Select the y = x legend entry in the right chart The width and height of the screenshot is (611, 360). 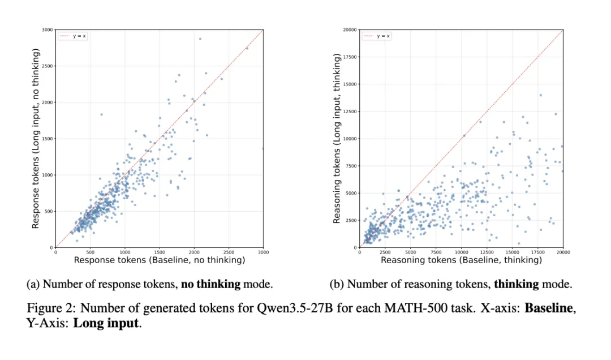(x=377, y=36)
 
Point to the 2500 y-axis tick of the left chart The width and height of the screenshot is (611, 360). (x=47, y=66)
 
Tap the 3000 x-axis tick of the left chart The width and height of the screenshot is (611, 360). (x=263, y=252)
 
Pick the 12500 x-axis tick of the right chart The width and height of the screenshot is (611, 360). (x=487, y=252)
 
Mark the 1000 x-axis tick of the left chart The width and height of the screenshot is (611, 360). (x=124, y=252)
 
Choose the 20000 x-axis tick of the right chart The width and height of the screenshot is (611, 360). (x=562, y=252)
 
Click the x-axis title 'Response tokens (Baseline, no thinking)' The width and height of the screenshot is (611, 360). (x=159, y=260)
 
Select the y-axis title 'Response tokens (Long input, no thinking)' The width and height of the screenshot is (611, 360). (x=36, y=139)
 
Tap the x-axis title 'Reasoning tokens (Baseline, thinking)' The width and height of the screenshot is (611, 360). (x=461, y=260)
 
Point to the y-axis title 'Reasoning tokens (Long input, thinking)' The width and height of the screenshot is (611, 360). (x=337, y=139)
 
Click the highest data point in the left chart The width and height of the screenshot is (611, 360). (x=200, y=38)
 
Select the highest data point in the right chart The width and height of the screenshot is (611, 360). (x=540, y=95)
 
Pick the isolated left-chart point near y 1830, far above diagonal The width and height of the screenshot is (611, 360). (x=101, y=114)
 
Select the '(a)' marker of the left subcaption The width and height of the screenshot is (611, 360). (x=33, y=284)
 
